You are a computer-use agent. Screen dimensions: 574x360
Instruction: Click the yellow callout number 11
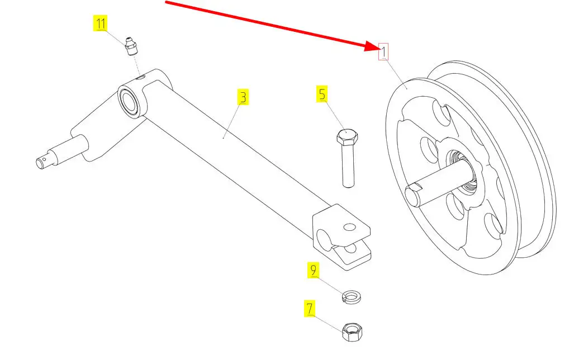100,23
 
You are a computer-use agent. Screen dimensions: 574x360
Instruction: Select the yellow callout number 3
243,97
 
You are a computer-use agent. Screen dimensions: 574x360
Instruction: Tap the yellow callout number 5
322,94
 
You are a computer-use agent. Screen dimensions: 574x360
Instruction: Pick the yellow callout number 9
313,270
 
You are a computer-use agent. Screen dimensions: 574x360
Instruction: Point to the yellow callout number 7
310,309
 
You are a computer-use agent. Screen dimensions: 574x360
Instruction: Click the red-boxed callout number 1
383,51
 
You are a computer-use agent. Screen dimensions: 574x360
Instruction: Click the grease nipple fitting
131,46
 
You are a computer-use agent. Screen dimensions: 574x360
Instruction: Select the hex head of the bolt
347,137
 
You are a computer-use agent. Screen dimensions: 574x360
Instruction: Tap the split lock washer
351,297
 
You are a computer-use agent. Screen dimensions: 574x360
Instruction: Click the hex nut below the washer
352,332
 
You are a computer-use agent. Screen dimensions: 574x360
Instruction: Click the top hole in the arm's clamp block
350,227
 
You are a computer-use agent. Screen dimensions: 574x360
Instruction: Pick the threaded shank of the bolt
348,165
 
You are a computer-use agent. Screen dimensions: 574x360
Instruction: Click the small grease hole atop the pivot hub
141,77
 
